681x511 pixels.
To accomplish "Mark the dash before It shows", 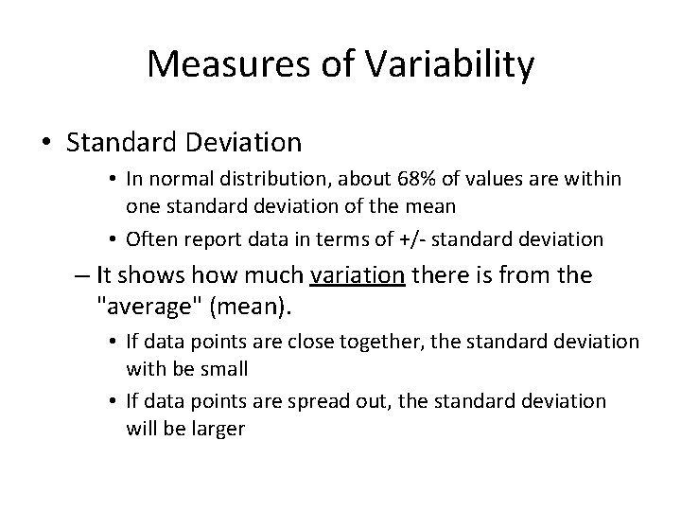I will click(82, 275).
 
